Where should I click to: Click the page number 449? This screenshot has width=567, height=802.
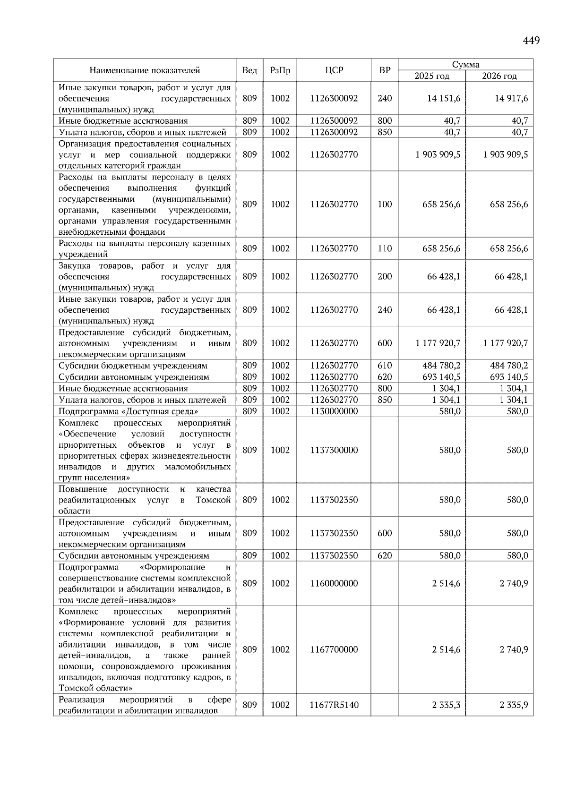pos(531,41)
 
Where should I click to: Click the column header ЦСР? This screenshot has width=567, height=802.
pos(334,70)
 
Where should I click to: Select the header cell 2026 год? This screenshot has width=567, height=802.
pos(499,76)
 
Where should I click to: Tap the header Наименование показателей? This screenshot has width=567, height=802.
pos(145,70)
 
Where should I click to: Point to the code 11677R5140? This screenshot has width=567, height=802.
pos(334,705)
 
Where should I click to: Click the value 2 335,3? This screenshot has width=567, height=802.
pos(446,705)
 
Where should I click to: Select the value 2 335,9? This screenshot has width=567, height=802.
pos(514,705)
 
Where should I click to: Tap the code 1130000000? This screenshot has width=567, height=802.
pos(334,411)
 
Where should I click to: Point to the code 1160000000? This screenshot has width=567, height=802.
pos(334,583)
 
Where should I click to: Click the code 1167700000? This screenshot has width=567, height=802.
pos(334,649)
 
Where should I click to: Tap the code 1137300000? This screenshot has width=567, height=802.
pos(334,450)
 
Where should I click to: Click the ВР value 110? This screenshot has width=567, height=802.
pos(385,248)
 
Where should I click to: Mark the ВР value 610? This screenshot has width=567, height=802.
pos(385,366)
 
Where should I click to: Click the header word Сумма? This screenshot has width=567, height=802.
pos(465,65)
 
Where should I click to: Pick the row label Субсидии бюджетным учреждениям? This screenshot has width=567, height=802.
pos(133,366)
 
